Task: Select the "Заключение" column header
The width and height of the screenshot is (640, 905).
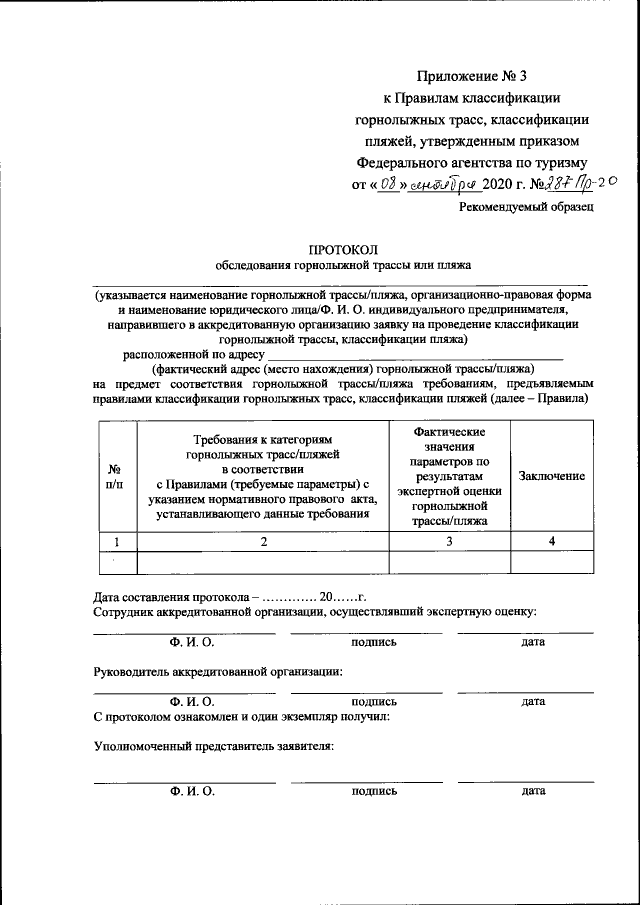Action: [552, 477]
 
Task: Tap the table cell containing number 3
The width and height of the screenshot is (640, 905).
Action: [449, 541]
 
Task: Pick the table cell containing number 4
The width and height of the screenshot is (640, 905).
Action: [552, 541]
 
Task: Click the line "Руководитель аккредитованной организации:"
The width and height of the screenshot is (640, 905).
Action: [217, 671]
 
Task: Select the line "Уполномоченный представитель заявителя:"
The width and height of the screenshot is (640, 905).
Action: [213, 746]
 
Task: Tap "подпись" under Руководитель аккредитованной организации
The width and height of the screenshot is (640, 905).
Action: [374, 702]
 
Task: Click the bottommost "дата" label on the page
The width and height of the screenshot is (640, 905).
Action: [533, 791]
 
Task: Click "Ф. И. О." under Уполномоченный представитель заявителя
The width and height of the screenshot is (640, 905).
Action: [192, 791]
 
